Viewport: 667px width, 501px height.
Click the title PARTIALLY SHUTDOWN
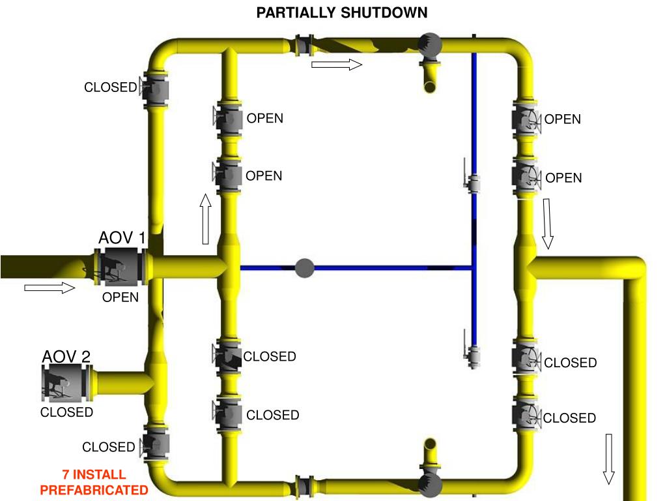pyautogui.click(x=342, y=12)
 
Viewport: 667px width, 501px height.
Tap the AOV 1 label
pyautogui.click(x=122, y=238)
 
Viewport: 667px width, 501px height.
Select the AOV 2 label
pyautogui.click(x=66, y=356)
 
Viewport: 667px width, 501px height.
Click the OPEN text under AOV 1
pyautogui.click(x=121, y=297)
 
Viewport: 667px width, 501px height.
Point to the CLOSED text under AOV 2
pyautogui.click(x=66, y=412)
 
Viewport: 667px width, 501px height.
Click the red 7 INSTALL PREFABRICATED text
pyautogui.click(x=94, y=482)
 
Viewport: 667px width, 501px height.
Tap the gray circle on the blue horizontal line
pyautogui.click(x=304, y=267)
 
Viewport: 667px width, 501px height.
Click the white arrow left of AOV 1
pyautogui.click(x=50, y=288)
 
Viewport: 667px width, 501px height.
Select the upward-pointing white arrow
pyautogui.click(x=206, y=219)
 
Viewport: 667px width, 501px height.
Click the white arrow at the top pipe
pyautogui.click(x=336, y=64)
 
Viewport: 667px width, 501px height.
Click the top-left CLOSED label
pyautogui.click(x=110, y=87)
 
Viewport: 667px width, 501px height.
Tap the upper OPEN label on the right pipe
pyautogui.click(x=563, y=119)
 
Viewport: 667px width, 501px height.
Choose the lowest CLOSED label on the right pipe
pyautogui.click(x=570, y=418)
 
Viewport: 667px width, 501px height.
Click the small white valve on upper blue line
pyautogui.click(x=474, y=183)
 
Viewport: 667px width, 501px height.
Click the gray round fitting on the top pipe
pyautogui.click(x=430, y=44)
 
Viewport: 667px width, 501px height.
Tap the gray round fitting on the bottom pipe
pyautogui.click(x=430, y=485)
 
